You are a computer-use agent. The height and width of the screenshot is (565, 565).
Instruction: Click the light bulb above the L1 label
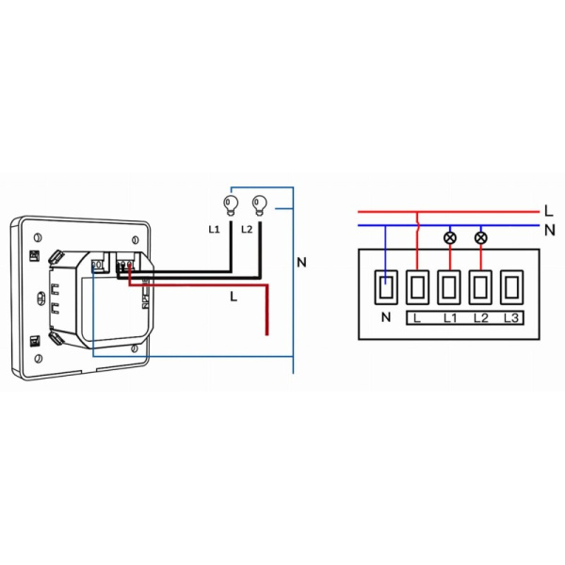[x=227, y=202]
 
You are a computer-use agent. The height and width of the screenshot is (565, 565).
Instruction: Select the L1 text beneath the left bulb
[x=214, y=230]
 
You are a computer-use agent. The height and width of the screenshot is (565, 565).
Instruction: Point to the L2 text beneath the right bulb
[x=247, y=230]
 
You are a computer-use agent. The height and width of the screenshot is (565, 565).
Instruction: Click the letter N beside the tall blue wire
[x=301, y=262]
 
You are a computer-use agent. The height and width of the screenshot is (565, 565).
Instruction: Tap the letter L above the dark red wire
[x=233, y=296]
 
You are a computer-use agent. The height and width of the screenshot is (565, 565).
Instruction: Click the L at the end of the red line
[x=548, y=210]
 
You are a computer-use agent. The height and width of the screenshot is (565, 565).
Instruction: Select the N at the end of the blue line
[x=548, y=228]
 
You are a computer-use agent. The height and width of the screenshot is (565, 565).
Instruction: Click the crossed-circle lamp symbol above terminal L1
[x=450, y=237]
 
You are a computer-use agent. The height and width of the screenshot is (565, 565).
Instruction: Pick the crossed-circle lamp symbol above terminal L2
[x=481, y=237]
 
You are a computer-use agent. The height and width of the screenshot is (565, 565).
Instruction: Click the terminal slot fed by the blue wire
[x=385, y=286]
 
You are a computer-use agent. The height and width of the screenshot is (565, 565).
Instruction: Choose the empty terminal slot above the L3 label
[x=511, y=286]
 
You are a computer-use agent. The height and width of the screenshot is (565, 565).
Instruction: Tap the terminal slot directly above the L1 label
[x=449, y=286]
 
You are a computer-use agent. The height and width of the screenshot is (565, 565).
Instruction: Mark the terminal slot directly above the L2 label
[x=480, y=286]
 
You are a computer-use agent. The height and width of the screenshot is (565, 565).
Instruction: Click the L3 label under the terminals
[x=511, y=318]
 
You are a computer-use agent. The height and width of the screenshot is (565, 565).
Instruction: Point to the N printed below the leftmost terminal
[x=385, y=318]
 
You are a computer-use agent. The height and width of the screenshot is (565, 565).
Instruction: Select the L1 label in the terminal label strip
[x=449, y=318]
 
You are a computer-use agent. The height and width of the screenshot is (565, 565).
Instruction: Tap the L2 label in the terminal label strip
[x=480, y=318]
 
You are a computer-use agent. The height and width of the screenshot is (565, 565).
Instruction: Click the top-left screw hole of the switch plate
[x=35, y=234]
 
